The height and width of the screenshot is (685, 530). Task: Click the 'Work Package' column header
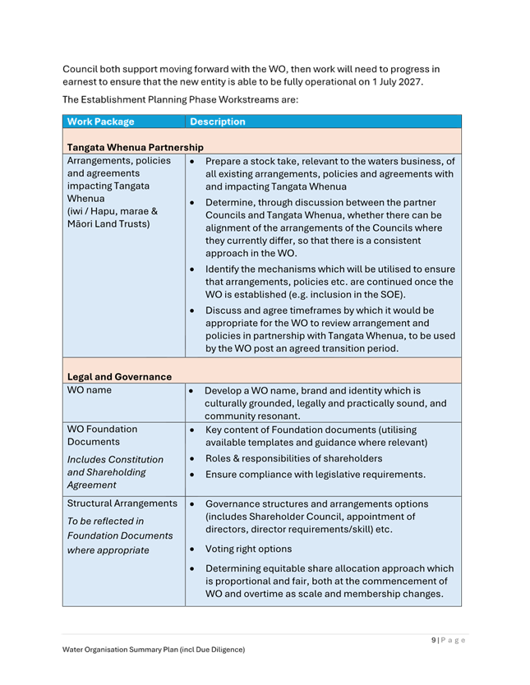point(100,122)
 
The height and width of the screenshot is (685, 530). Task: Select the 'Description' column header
point(217,122)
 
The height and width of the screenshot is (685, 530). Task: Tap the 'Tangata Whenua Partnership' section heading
point(136,147)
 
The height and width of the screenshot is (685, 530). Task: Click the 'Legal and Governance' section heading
point(119,377)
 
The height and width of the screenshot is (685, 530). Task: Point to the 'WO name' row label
point(90,390)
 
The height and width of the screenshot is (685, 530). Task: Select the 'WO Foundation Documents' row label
point(103,435)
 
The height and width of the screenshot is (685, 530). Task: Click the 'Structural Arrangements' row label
point(122,503)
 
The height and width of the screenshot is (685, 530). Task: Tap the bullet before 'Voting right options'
point(192,549)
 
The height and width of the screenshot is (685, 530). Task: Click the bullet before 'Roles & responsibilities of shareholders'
point(192,459)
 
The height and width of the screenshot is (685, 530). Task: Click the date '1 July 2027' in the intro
point(399,82)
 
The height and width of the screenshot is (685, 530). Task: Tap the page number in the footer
point(449,641)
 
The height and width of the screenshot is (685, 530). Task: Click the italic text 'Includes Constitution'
point(115,459)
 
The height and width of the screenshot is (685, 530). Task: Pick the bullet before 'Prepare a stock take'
point(192,162)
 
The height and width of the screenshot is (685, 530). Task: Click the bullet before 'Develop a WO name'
point(192,392)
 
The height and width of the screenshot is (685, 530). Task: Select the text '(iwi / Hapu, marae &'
point(113,211)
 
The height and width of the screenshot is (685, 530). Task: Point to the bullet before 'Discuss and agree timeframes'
point(192,311)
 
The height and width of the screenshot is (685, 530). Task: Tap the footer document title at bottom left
point(153,650)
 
